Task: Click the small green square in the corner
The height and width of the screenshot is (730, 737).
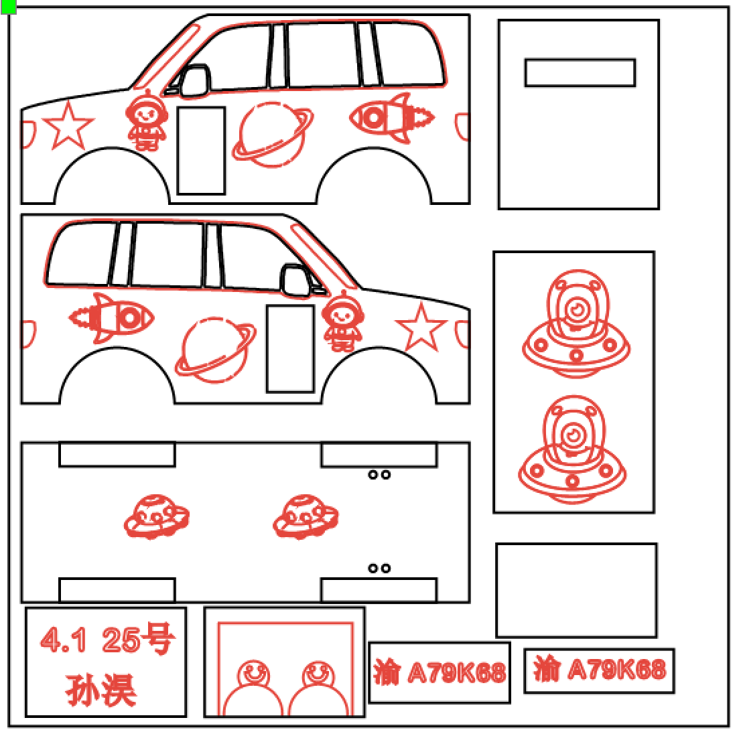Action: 9,6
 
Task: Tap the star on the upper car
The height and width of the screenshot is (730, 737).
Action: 67,125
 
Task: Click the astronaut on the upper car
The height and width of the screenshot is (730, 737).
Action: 145,123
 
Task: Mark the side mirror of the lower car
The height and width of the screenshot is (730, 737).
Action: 294,280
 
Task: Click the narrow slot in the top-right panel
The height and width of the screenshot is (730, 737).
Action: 580,73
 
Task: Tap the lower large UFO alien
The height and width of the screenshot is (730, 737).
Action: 572,451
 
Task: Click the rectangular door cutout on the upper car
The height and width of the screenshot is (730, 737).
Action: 201,151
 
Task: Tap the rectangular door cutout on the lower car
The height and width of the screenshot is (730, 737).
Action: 290,349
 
